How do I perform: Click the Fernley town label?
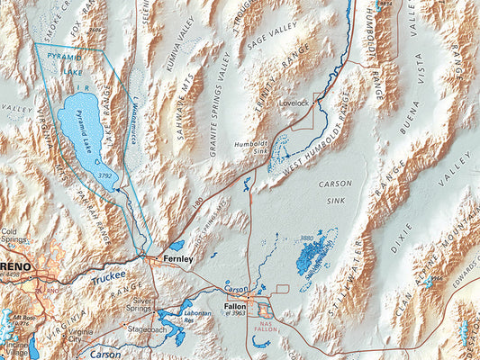(178, 258)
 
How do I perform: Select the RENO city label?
(16, 267)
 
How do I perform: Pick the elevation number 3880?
(306, 238)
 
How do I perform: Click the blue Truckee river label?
(107, 280)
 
